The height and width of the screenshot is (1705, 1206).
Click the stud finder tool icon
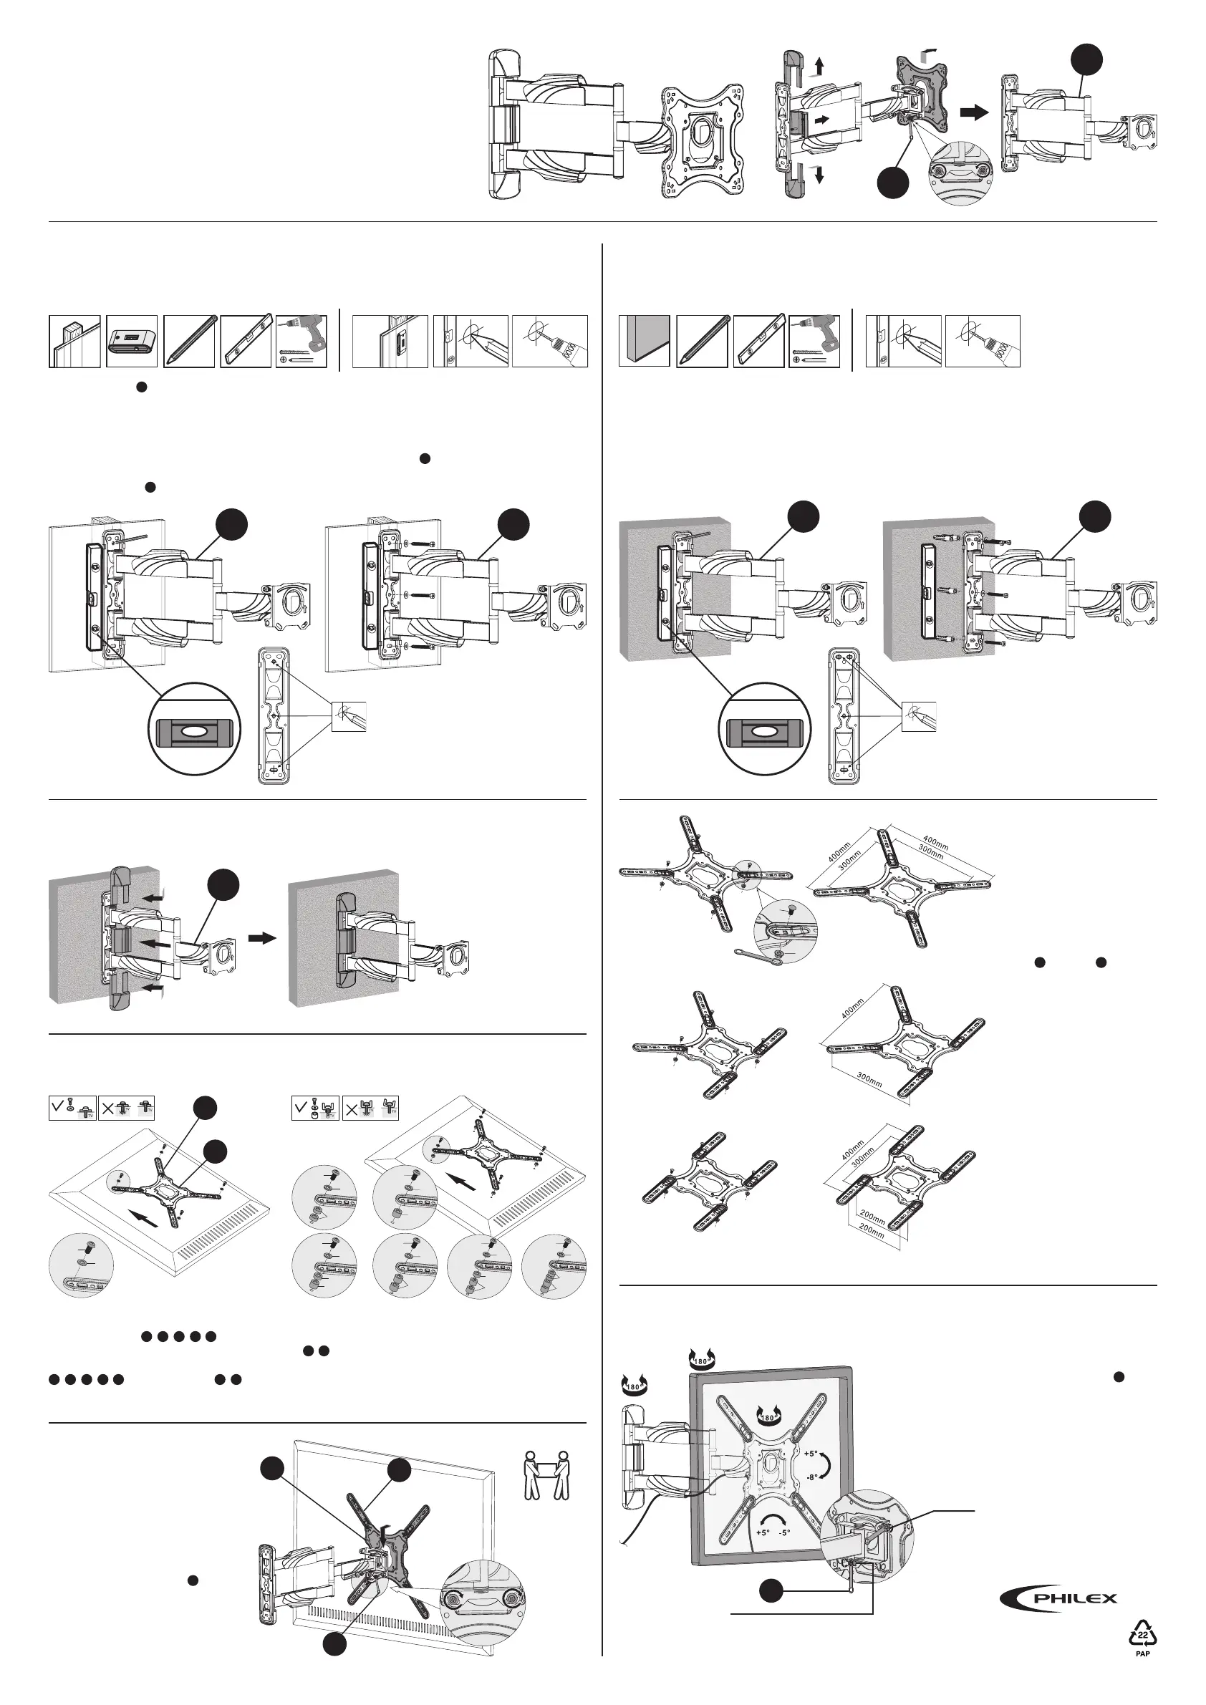pyautogui.click(x=132, y=341)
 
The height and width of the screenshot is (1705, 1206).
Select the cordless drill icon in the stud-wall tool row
pyautogui.click(x=301, y=341)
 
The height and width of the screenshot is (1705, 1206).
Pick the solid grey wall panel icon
pyautogui.click(x=644, y=341)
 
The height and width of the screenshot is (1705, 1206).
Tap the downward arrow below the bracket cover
pyautogui.click(x=819, y=175)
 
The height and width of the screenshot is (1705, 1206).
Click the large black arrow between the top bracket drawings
pyautogui.click(x=973, y=113)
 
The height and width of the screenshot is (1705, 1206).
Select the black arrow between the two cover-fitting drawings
pyautogui.click(x=261, y=939)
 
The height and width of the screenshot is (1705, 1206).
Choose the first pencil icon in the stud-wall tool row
pyautogui.click(x=188, y=341)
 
